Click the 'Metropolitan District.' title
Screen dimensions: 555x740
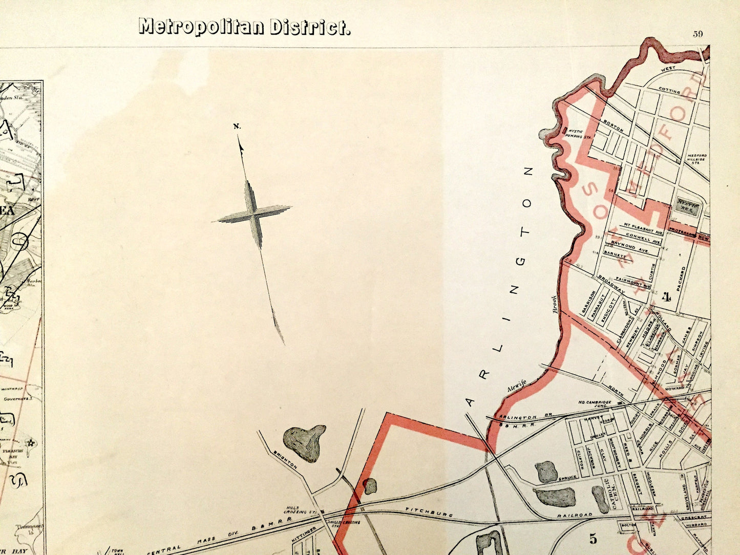[x=244, y=27]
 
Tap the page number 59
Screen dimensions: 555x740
[x=698, y=34]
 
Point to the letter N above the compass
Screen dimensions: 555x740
[x=237, y=126]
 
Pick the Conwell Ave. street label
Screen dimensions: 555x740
[x=644, y=240]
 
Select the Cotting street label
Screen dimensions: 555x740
[x=669, y=91]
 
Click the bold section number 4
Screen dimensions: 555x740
[x=666, y=296]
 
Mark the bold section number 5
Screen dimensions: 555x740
[x=593, y=539]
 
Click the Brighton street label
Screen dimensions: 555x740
[x=285, y=460]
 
